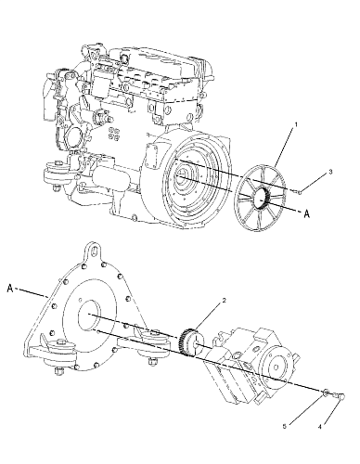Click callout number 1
coord(296,124)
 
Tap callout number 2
coord(225,300)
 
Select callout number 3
coord(330,172)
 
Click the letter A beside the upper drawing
coord(306,213)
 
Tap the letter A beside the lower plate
coord(10,289)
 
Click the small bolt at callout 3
coord(297,192)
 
